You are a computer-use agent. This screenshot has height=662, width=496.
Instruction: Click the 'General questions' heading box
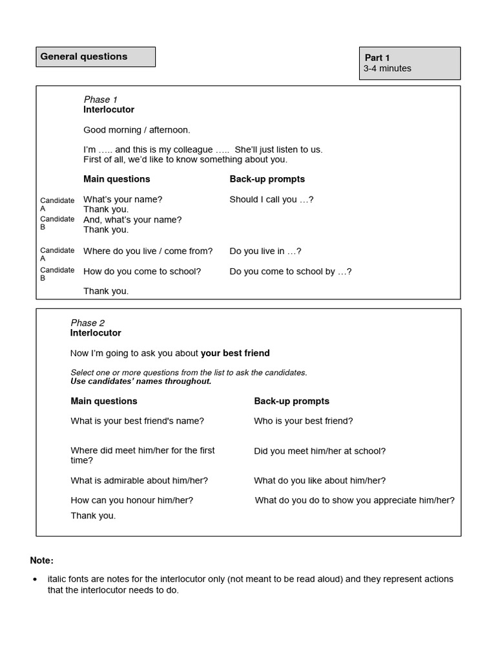(x=96, y=57)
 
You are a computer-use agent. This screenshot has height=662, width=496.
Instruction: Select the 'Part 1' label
(x=377, y=58)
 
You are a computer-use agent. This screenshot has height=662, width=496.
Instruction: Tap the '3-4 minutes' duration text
(x=387, y=69)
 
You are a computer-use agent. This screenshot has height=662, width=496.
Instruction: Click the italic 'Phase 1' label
(x=101, y=100)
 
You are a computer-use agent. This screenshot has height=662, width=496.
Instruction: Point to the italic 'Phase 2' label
(x=88, y=323)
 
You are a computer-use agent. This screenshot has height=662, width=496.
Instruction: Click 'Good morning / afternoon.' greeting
(x=137, y=130)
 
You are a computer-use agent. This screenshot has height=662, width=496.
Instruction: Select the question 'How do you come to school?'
(x=142, y=272)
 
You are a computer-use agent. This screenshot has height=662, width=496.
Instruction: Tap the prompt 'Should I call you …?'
(x=271, y=200)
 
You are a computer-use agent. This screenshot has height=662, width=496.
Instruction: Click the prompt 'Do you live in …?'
(x=265, y=251)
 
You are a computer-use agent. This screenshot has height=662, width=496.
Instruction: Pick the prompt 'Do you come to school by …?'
(x=291, y=272)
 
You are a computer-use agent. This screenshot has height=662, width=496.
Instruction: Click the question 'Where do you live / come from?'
(x=148, y=251)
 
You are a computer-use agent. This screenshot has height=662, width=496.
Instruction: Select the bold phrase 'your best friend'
(x=235, y=353)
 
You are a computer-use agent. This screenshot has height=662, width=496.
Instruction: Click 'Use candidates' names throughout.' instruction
(x=141, y=381)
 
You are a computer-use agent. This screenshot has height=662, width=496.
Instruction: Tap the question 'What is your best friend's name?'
(x=137, y=421)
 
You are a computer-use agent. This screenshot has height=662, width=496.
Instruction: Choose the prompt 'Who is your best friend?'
(x=304, y=421)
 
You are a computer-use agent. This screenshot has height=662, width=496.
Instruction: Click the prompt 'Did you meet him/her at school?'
(x=320, y=451)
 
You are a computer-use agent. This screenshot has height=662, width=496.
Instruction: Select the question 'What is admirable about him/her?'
(x=139, y=481)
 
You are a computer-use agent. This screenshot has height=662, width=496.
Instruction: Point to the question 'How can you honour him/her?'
(x=132, y=500)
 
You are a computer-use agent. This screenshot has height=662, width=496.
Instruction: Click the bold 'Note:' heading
(x=42, y=561)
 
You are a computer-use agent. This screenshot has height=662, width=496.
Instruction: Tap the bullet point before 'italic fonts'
(x=35, y=580)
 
